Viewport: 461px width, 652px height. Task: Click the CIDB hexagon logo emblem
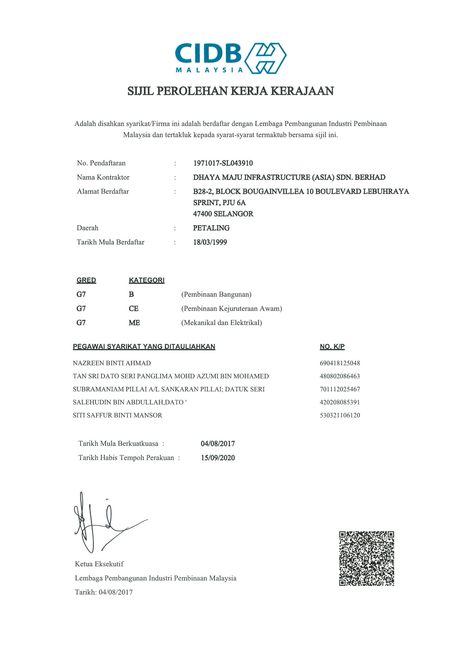[265, 58]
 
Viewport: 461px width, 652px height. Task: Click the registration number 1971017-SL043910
[223, 163]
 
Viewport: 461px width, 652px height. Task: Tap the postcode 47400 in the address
[203, 214]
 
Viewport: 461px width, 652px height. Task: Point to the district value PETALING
[211, 228]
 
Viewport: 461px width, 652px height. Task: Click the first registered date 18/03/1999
[210, 242]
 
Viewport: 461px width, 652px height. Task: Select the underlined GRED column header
[86, 280]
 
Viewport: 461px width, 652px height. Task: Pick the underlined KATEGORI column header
[147, 280]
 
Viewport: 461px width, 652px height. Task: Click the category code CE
[134, 309]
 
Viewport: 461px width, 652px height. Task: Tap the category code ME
[134, 323]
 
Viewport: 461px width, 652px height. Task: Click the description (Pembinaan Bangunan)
[216, 295]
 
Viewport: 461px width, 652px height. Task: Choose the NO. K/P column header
[332, 346]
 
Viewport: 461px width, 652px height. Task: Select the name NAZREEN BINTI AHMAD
[112, 363]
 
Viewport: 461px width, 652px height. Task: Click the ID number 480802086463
[340, 376]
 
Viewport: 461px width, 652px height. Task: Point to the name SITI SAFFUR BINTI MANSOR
[117, 415]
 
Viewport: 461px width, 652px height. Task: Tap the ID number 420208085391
[340, 402]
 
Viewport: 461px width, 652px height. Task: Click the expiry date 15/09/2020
[218, 458]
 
